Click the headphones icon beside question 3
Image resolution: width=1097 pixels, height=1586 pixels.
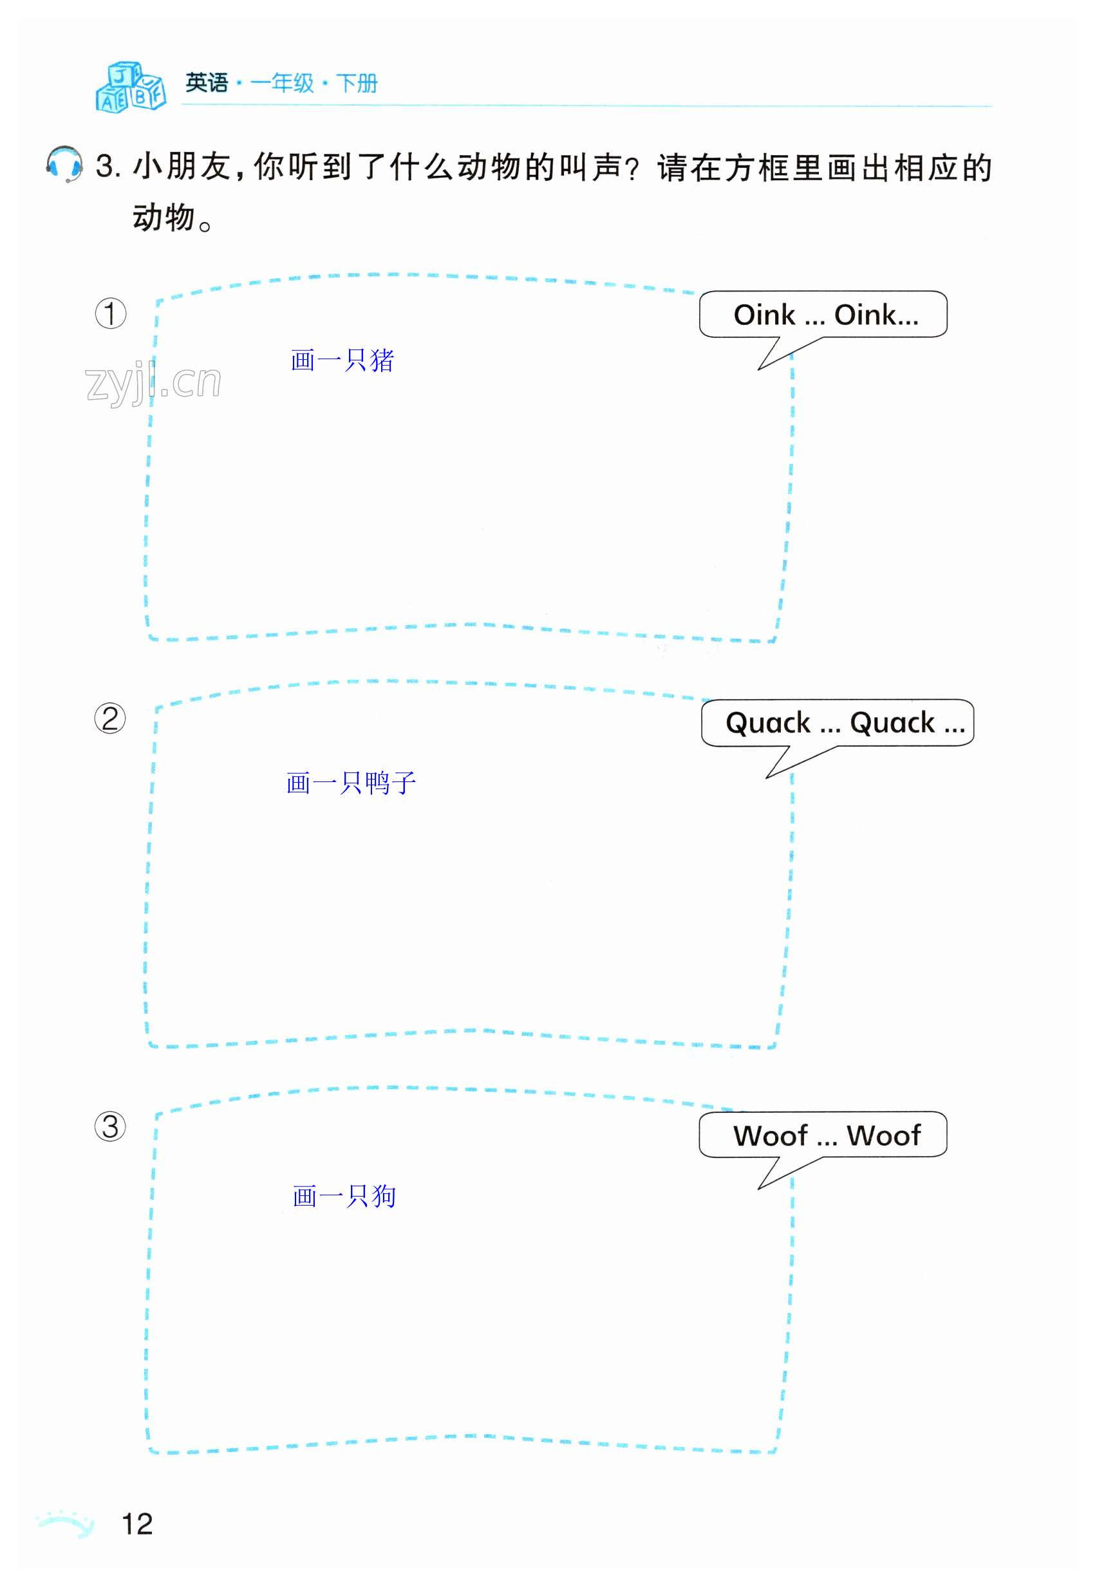click(64, 164)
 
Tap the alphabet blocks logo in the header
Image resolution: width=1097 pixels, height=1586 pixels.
click(131, 88)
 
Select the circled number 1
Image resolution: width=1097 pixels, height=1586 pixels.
click(110, 313)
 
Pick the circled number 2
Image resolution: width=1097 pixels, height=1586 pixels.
click(110, 719)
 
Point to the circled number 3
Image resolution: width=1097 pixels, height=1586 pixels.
click(110, 1127)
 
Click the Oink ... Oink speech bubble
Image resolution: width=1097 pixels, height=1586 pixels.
click(823, 315)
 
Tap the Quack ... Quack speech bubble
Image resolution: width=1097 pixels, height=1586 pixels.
click(837, 723)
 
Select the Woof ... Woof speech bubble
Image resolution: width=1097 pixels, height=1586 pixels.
click(823, 1135)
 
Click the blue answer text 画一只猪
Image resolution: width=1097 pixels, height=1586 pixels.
click(342, 360)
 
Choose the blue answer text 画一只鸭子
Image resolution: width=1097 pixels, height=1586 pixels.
click(352, 783)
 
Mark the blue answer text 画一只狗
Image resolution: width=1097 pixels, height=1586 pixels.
click(344, 1197)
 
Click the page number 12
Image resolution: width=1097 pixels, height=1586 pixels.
click(136, 1524)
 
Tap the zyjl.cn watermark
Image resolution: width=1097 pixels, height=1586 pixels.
click(153, 382)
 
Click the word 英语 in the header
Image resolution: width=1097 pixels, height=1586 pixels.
click(206, 83)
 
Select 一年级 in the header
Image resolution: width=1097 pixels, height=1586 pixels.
click(282, 83)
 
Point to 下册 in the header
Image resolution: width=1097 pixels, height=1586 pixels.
click(357, 83)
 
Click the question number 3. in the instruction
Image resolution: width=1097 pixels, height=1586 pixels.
click(108, 167)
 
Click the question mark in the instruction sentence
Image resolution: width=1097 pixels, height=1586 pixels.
click(633, 169)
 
